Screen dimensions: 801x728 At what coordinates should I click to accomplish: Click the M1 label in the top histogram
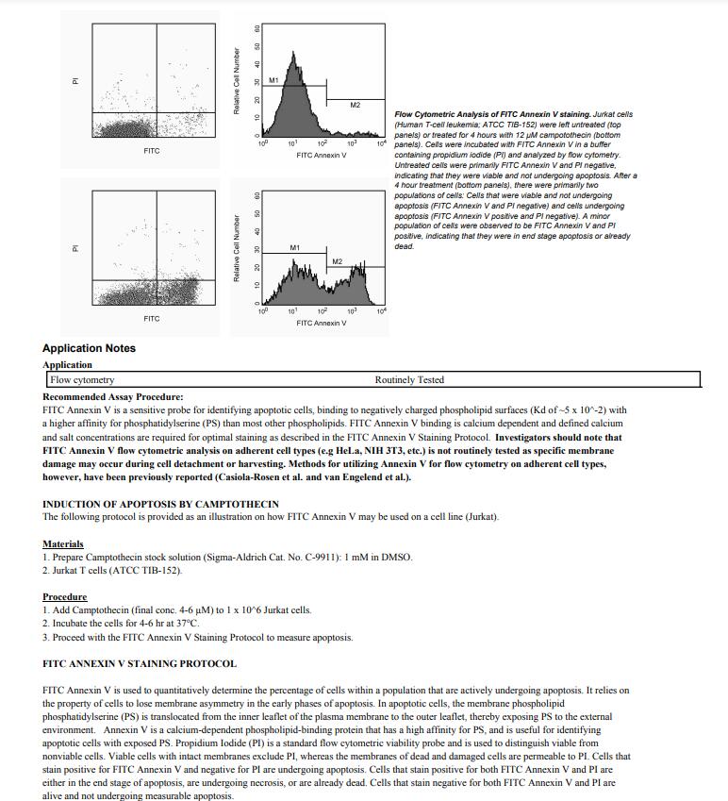pyautogui.click(x=273, y=80)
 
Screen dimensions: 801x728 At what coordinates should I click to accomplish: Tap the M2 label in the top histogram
pyautogui.click(x=355, y=105)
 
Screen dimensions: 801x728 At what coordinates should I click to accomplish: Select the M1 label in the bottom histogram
pyautogui.click(x=294, y=247)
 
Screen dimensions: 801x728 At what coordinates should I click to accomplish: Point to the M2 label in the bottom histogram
pyautogui.click(x=337, y=261)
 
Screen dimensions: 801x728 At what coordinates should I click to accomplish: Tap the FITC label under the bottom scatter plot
pyautogui.click(x=152, y=319)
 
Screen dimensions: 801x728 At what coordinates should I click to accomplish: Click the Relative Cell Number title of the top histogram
pyautogui.click(x=236, y=80)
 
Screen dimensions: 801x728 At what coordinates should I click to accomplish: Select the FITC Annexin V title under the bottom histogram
pyautogui.click(x=322, y=323)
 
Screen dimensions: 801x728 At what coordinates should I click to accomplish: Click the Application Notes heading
pyautogui.click(x=89, y=348)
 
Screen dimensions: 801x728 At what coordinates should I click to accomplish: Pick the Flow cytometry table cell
pyautogui.click(x=83, y=380)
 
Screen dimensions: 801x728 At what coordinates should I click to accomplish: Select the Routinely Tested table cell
pyautogui.click(x=409, y=380)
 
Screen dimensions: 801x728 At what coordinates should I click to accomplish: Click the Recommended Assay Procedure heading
pyautogui.click(x=113, y=397)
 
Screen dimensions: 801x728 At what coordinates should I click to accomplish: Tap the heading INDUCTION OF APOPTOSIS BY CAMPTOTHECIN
pyautogui.click(x=160, y=505)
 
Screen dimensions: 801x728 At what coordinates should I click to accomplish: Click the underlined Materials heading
pyautogui.click(x=63, y=544)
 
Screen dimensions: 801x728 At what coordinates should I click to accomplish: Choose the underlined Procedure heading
pyautogui.click(x=64, y=597)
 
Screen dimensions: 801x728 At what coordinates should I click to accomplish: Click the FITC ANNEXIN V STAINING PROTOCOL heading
pyautogui.click(x=140, y=664)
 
